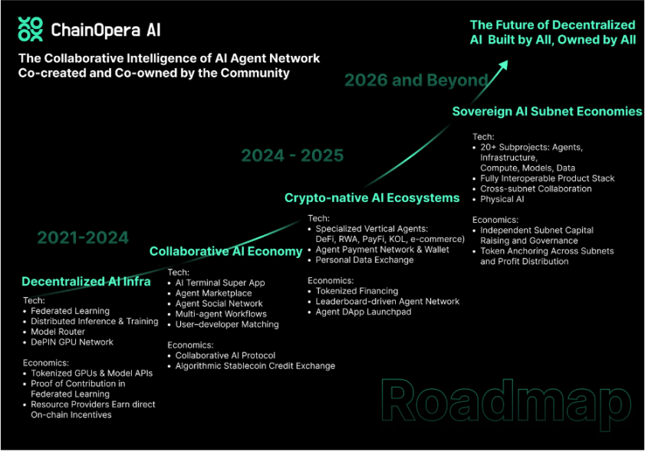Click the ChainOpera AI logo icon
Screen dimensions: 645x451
pyautogui.click(x=30, y=29)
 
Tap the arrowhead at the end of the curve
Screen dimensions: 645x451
pyautogui.click(x=503, y=66)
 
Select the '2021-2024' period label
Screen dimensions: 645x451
pyautogui.click(x=83, y=238)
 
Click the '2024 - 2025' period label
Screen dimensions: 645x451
pyautogui.click(x=292, y=155)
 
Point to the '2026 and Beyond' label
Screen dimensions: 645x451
pyautogui.click(x=416, y=80)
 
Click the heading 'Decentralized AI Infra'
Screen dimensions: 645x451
pyautogui.click(x=86, y=281)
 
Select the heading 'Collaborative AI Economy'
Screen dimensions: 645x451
pyautogui.click(x=225, y=251)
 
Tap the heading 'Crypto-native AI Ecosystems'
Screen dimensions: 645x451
pyautogui.click(x=372, y=198)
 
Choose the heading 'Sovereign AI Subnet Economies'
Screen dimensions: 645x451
pyautogui.click(x=547, y=111)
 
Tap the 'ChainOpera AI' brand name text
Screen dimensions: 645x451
pyautogui.click(x=106, y=30)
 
